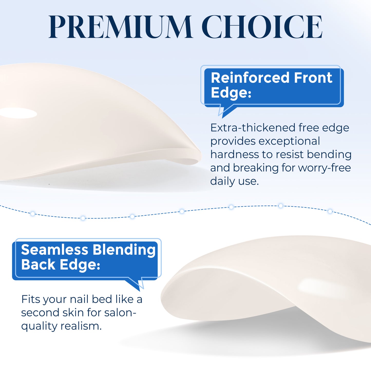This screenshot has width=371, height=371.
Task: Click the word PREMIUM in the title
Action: click(x=120, y=27)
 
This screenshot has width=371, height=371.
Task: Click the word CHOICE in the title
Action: click(x=262, y=27)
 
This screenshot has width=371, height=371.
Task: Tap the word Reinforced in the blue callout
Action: click(x=250, y=78)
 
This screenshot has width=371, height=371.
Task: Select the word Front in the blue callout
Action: click(x=313, y=78)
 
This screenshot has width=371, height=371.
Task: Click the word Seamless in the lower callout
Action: click(x=55, y=250)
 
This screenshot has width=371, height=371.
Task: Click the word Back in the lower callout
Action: click(x=38, y=265)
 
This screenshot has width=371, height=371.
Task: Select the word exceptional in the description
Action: click(x=289, y=141)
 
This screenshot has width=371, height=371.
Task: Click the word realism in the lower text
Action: click(x=81, y=326)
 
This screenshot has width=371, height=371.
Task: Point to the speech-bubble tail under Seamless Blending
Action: click(x=136, y=284)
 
